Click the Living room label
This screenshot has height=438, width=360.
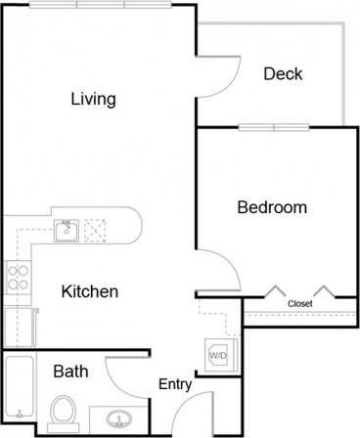94,99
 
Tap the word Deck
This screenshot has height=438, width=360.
283,74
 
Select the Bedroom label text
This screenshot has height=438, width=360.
272,207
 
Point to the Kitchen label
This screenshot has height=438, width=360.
90,291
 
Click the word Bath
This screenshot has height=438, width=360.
70,372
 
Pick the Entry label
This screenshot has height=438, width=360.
175,385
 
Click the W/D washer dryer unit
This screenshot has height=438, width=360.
217,355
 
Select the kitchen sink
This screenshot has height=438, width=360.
66,231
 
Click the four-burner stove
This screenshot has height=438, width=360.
18,277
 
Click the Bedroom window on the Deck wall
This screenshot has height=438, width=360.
273,127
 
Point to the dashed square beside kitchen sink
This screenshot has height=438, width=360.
96,230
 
